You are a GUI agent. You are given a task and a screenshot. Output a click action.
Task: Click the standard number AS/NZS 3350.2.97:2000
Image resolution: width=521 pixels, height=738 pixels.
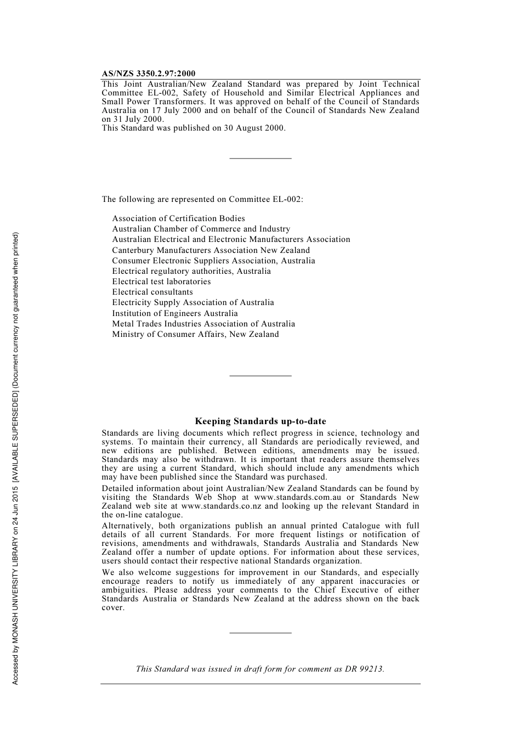pyautogui.click(x=148, y=74)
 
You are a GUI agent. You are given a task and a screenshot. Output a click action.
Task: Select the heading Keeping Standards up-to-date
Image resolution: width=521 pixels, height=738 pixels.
pyautogui.click(x=260, y=421)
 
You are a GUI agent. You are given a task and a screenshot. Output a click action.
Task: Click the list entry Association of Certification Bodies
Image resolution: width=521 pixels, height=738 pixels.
pyautogui.click(x=178, y=218)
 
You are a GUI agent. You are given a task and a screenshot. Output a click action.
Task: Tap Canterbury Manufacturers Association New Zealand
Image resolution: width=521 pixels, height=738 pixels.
pyautogui.click(x=211, y=250)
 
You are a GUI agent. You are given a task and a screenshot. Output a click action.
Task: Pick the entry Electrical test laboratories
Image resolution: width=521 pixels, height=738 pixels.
pyautogui.click(x=161, y=281)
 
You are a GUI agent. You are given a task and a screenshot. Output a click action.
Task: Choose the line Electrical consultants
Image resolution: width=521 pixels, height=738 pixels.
pyautogui.click(x=152, y=292)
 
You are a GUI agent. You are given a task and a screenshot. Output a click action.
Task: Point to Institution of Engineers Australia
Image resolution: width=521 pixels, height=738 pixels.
pyautogui.click(x=175, y=313)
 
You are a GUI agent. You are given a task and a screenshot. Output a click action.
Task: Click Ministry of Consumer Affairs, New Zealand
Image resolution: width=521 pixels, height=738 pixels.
pyautogui.click(x=195, y=334)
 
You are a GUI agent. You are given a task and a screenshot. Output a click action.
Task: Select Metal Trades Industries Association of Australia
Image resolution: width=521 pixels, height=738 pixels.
pyautogui.click(x=203, y=324)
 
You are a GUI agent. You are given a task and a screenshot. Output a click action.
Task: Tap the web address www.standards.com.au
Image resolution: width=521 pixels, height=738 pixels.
pyautogui.click(x=297, y=497)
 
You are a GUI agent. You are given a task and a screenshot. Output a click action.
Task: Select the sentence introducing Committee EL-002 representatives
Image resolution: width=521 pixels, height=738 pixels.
pyautogui.click(x=202, y=199)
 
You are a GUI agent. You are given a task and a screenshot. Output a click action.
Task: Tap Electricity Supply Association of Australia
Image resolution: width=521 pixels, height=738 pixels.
pyautogui.click(x=193, y=302)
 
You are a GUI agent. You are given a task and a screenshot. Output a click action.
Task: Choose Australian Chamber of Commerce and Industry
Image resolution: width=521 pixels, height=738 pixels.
pyautogui.click(x=201, y=229)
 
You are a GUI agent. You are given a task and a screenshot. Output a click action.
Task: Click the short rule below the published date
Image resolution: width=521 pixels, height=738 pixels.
pyautogui.click(x=260, y=159)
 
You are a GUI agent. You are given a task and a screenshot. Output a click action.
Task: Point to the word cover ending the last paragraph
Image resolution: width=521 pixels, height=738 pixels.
pyautogui.click(x=112, y=607)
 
